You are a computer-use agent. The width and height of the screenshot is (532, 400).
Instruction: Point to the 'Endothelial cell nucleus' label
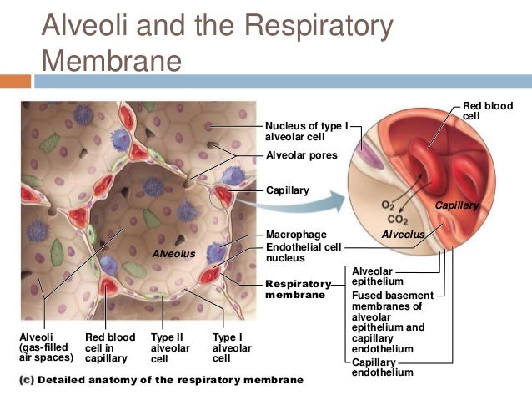click(302, 253)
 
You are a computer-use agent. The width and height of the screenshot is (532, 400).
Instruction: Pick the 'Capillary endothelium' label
click(378, 368)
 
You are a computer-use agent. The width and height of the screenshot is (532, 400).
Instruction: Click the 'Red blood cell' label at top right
click(488, 112)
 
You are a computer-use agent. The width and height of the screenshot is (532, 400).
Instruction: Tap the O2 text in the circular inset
click(387, 205)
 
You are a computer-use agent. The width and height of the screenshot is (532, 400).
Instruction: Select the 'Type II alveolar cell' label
click(170, 348)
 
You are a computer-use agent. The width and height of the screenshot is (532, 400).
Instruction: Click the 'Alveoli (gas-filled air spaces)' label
click(46, 347)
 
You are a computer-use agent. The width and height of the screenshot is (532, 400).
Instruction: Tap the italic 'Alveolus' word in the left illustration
click(173, 252)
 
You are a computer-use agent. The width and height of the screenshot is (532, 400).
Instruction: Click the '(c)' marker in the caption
click(26, 380)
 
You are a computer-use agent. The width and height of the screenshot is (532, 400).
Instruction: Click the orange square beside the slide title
click(15, 82)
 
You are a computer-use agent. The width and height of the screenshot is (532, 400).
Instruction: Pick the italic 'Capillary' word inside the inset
click(456, 205)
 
